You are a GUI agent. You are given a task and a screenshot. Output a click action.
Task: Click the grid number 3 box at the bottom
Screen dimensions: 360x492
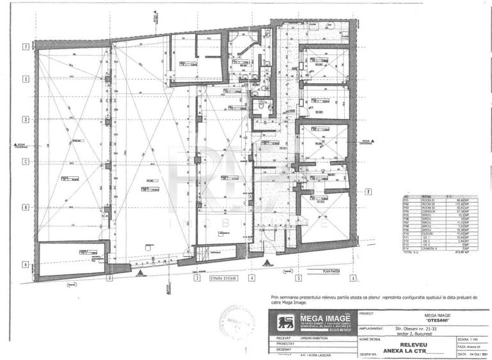[x=198, y=278]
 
